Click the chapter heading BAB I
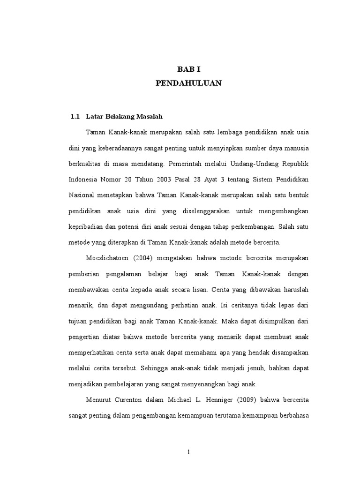[188, 69]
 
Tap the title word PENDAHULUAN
[188, 83]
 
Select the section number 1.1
[75, 116]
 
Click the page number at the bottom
[188, 452]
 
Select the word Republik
[295, 164]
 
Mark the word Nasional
[82, 195]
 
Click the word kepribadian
[86, 227]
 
